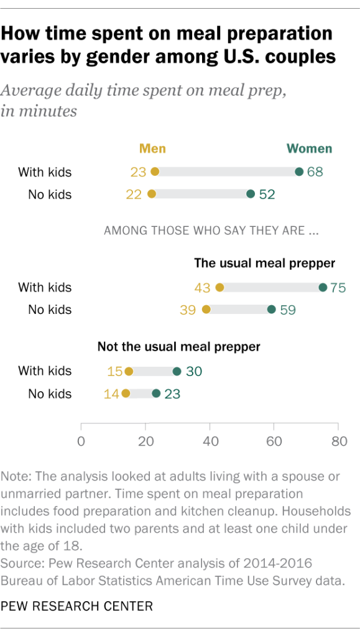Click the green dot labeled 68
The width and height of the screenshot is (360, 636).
tap(299, 172)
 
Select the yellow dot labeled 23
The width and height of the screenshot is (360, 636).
tap(155, 172)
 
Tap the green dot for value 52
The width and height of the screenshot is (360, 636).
tap(251, 194)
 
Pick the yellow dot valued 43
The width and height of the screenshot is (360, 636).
tap(219, 287)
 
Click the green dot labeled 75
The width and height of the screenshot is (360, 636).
tap(323, 287)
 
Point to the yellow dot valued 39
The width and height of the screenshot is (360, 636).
tap(206, 310)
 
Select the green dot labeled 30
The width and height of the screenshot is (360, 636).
tap(177, 371)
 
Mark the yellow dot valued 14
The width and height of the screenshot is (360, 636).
tap(126, 394)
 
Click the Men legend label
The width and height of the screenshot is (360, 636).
tap(152, 149)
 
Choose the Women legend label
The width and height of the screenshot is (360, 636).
tap(309, 149)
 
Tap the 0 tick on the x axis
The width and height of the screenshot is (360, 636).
tap(81, 441)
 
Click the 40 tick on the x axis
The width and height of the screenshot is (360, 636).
tap(210, 441)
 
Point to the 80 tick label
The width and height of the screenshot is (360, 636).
tap(338, 441)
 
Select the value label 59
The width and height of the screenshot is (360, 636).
tap(287, 310)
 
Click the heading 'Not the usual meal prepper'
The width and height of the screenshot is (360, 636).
tap(178, 346)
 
